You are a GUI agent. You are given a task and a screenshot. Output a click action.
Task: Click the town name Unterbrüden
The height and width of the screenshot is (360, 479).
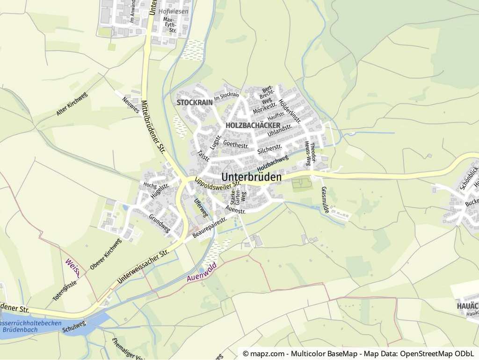(252, 177)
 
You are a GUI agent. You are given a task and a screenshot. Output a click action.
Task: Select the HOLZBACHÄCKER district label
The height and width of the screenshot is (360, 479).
(253, 125)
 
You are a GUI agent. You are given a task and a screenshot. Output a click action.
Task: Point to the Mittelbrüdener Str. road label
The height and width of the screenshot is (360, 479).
(153, 126)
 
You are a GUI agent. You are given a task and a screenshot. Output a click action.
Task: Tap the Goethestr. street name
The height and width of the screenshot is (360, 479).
(236, 143)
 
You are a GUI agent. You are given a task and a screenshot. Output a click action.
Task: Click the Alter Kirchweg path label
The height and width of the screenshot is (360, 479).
(72, 104)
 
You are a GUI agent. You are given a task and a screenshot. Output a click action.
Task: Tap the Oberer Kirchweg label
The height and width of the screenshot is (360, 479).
(105, 254)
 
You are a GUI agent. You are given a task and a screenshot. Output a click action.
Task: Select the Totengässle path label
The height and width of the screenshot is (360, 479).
(64, 287)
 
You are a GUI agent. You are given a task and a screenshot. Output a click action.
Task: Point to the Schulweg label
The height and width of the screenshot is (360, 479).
(74, 327)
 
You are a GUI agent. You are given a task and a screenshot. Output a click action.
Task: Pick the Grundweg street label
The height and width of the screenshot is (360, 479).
(160, 223)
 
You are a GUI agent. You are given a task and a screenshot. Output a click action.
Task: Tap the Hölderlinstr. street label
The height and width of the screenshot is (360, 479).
(290, 110)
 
